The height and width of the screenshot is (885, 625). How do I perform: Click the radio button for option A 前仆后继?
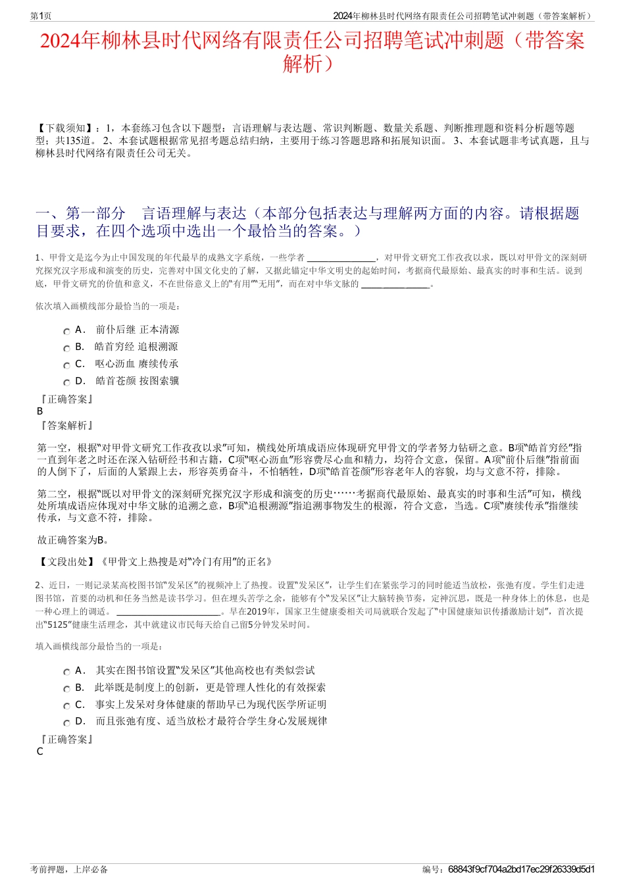pos(66,332)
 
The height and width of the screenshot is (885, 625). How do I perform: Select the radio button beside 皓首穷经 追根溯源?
pos(66,349)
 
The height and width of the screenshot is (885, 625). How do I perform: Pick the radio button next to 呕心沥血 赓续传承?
pos(66,366)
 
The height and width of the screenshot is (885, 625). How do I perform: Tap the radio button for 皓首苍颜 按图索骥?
pos(66,383)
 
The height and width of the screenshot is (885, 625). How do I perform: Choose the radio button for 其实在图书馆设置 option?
pos(66,672)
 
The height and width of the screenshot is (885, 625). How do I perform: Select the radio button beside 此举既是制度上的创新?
pos(66,690)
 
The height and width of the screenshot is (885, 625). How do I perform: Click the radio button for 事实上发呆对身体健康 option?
pos(66,706)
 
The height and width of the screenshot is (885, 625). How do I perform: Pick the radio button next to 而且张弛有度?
pos(66,723)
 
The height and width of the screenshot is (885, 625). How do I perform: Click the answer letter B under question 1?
pos(40,411)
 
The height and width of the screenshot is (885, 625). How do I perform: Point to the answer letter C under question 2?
pos(40,751)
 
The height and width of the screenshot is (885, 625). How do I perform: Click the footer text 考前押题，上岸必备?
pos(69,869)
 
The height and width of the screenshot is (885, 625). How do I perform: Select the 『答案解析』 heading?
pos(66,426)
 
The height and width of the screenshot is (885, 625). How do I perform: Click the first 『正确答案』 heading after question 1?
pos(66,399)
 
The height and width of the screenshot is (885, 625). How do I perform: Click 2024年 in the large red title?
pos(70,41)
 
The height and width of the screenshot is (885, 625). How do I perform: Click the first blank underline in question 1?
pos(341,258)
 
